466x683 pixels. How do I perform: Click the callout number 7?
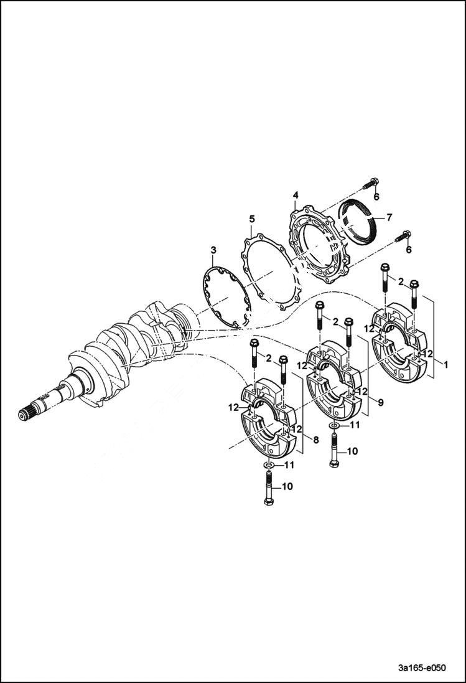tap(389, 217)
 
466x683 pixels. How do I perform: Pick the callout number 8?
tap(316, 440)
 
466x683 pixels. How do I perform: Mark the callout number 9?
tap(380, 403)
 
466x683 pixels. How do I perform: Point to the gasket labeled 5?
tap(268, 274)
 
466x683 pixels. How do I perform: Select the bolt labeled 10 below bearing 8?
tap(268, 488)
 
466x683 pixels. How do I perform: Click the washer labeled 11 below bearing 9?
tap(335, 426)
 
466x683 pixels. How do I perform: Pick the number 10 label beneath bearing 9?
tap(352, 451)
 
